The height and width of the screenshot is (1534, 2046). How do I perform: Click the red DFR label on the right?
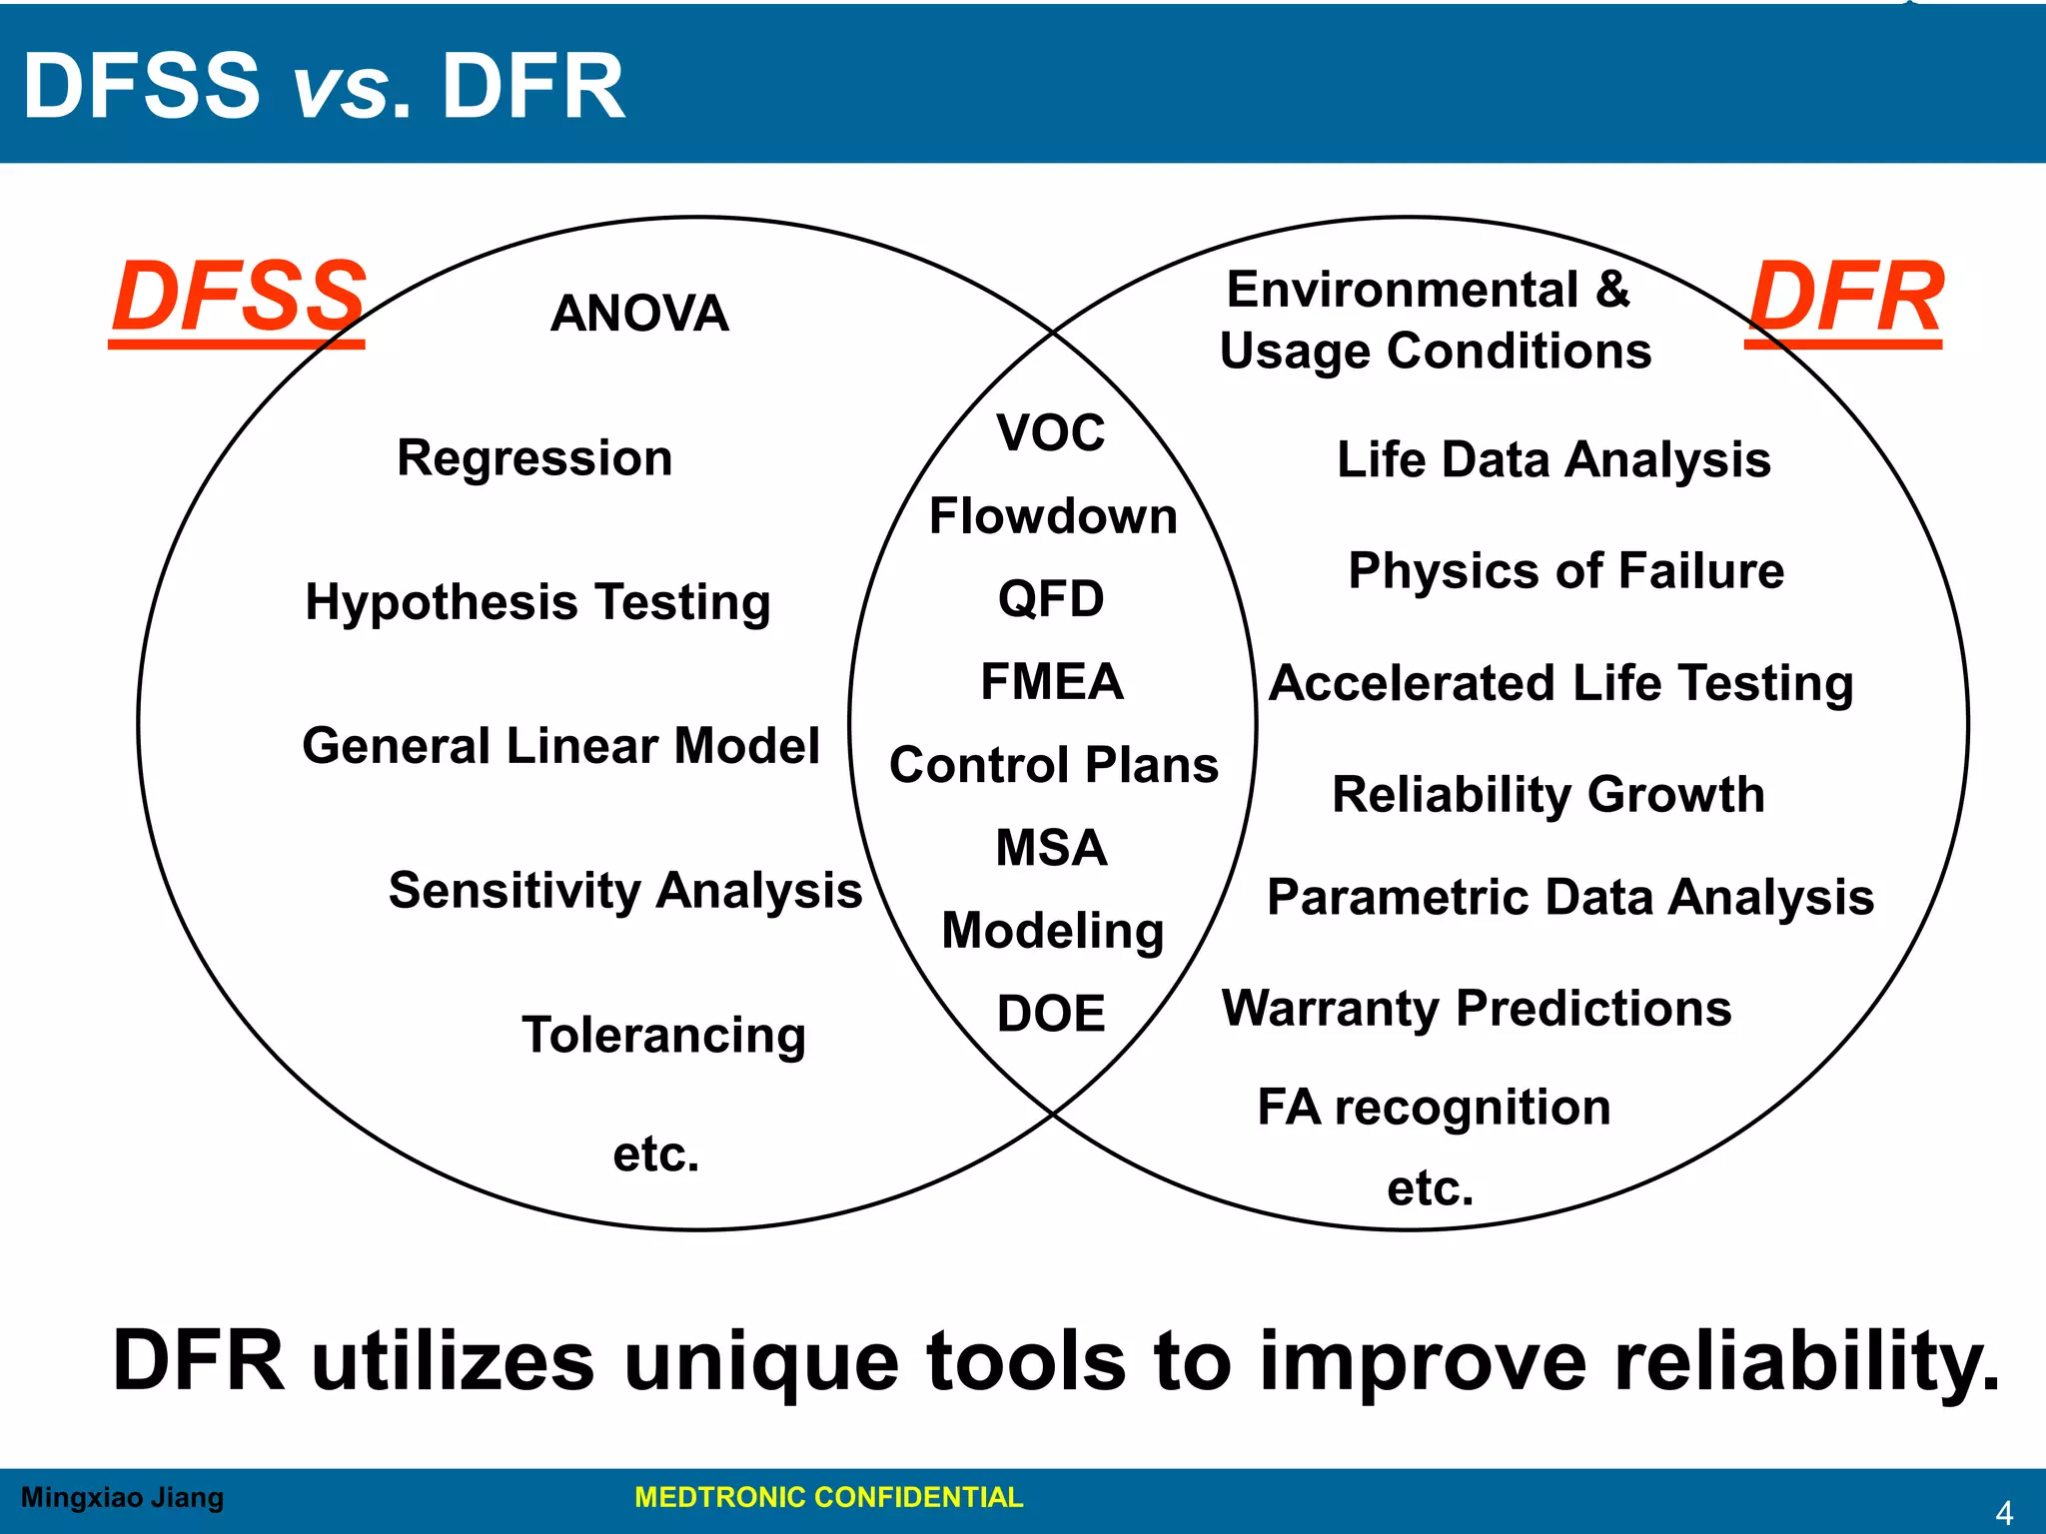tap(1845, 298)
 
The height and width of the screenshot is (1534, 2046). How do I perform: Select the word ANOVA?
tap(639, 314)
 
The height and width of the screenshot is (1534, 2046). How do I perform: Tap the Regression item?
tap(534, 458)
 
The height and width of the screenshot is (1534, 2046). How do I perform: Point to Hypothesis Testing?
tap(537, 602)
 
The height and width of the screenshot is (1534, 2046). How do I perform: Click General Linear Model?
tap(560, 746)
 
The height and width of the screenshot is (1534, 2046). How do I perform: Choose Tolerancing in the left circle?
tap(663, 1035)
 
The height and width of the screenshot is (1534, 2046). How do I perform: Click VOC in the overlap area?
tap(1051, 433)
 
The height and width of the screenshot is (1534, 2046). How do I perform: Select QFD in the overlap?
tap(1051, 599)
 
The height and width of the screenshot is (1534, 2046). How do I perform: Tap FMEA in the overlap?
tap(1052, 682)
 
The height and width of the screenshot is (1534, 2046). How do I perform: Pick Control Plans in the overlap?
tap(1054, 765)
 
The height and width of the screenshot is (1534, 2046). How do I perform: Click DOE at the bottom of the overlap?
tap(1051, 1014)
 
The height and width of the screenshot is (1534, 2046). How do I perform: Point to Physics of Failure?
tap(1565, 571)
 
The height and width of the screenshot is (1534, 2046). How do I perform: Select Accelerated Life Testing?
tap(1560, 684)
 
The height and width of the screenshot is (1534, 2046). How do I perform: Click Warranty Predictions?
tap(1477, 1009)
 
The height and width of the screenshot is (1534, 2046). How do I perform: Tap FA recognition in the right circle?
tap(1434, 1108)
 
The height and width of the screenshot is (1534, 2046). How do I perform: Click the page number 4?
tap(2003, 1513)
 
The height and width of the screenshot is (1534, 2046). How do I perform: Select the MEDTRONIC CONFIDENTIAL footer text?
tap(828, 1497)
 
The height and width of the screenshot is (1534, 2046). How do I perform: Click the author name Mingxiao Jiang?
tap(122, 1497)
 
